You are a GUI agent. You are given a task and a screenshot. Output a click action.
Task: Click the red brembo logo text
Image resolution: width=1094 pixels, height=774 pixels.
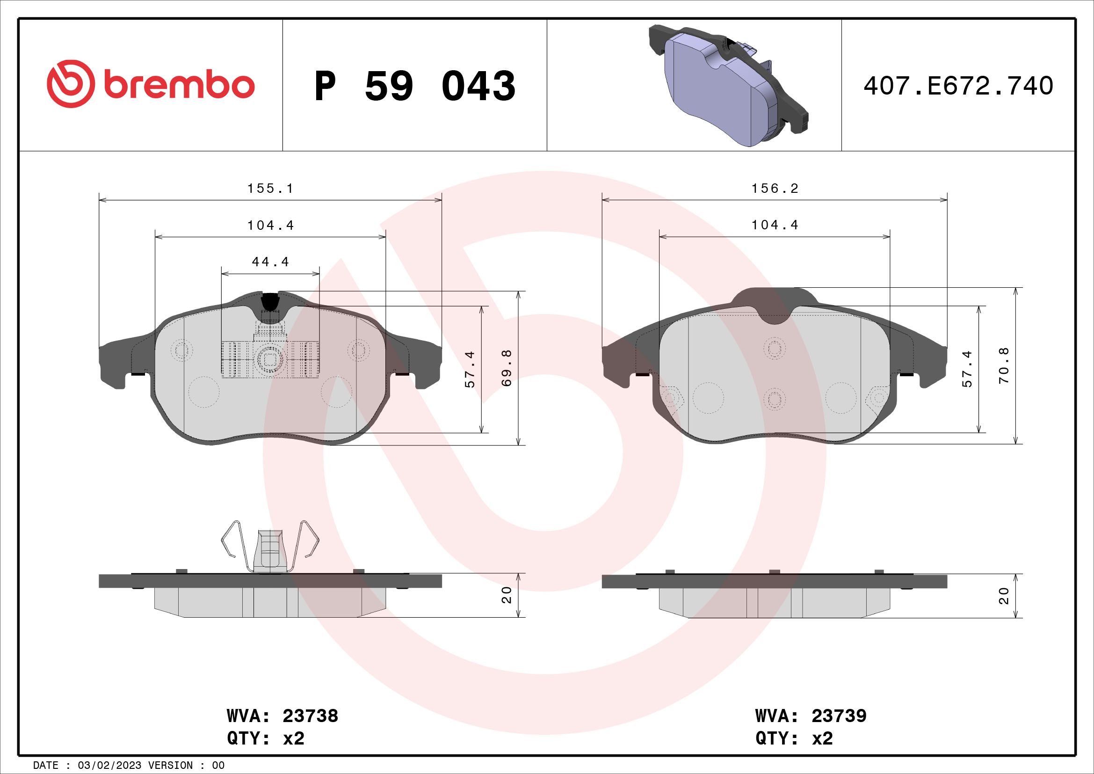tap(179, 85)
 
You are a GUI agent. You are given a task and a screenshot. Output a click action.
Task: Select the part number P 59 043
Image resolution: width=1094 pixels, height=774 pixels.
tap(414, 86)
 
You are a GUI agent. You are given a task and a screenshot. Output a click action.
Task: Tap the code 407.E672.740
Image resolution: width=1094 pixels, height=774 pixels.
tap(958, 86)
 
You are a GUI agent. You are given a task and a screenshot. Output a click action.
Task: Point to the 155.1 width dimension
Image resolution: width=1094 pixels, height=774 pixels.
tap(270, 189)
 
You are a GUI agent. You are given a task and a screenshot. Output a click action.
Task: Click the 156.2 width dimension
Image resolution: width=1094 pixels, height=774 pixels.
tap(775, 189)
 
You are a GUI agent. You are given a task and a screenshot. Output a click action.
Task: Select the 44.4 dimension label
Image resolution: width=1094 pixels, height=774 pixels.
tap(270, 262)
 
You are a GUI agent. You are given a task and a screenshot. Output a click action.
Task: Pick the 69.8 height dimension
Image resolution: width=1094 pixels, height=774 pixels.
tap(507, 368)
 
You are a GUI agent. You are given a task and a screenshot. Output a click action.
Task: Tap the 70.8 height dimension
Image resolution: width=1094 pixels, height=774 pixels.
tap(1004, 365)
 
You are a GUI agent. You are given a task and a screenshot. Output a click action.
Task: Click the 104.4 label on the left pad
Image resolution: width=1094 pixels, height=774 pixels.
tap(270, 226)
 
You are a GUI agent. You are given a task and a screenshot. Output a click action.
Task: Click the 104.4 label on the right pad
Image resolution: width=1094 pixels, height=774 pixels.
tap(775, 225)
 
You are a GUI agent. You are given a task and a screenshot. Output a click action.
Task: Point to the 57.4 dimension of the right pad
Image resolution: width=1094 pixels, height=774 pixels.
tap(967, 369)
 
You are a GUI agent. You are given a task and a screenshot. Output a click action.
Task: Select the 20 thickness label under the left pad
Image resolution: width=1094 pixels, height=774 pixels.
tap(507, 595)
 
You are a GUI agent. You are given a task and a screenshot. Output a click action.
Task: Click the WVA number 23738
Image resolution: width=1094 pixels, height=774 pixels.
tap(310, 716)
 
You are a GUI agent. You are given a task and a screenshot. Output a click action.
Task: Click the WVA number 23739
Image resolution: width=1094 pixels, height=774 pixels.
tap(839, 716)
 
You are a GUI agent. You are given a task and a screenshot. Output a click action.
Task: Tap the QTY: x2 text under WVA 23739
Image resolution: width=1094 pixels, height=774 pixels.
tap(794, 738)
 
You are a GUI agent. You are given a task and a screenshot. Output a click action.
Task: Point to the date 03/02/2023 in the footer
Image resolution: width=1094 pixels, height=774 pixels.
tap(109, 765)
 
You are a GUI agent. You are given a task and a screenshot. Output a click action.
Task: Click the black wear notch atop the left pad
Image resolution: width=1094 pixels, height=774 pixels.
tap(270, 301)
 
